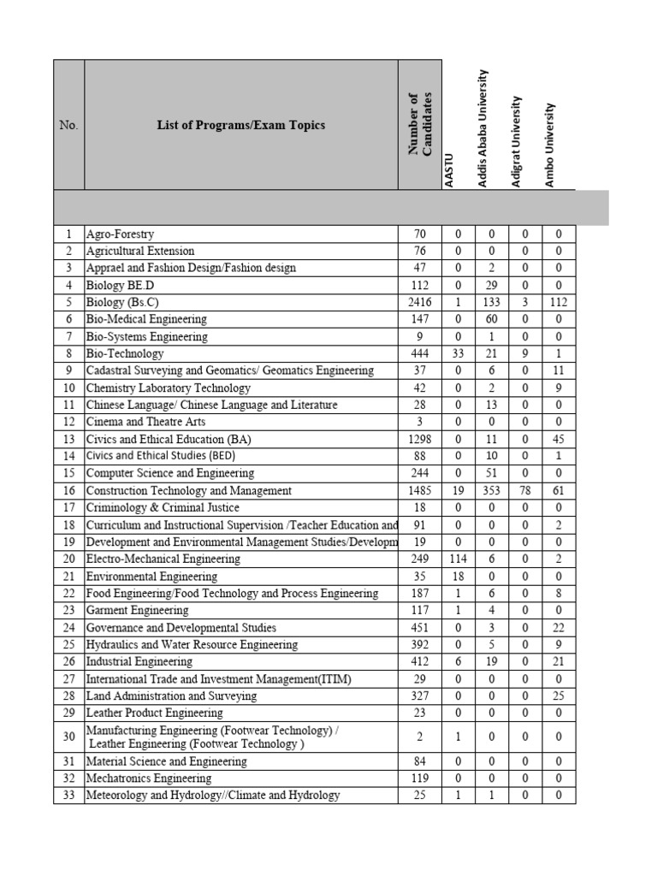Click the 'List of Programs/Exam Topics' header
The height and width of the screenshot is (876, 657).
pos(240,125)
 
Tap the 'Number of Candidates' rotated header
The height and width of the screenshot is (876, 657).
pos(420,125)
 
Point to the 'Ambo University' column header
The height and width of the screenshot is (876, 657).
pos(550,144)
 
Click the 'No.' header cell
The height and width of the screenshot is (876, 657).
pos(68,125)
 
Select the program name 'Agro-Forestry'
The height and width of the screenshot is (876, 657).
pos(120,234)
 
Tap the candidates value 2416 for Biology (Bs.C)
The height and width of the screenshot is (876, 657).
pos(420,302)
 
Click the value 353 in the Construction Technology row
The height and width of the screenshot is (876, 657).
pos(492,490)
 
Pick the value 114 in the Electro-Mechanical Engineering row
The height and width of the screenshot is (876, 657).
pos(458,559)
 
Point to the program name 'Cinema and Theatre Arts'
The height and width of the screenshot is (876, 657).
pos(145,422)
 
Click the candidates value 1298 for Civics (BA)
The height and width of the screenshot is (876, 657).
pos(420,439)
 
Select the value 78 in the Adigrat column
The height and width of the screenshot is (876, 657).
pos(525,490)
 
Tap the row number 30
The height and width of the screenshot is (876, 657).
pos(68,736)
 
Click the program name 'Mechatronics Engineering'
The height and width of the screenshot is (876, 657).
pos(148,778)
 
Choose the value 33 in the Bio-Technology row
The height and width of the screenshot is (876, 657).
pos(458,353)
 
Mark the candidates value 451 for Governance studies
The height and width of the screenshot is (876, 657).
pos(420,627)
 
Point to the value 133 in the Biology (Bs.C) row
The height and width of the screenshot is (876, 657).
pos(492,302)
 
